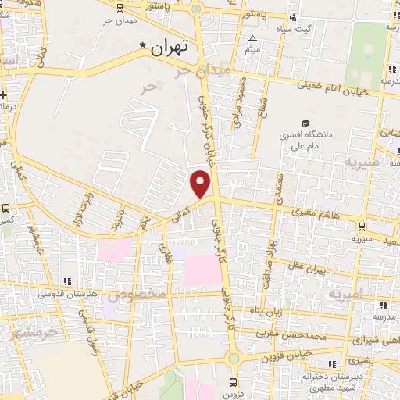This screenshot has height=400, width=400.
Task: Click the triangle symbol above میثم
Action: (x=252, y=38)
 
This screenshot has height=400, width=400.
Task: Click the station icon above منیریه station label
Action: (x=360, y=225)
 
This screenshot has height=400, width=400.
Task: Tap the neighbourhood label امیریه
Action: (x=345, y=295)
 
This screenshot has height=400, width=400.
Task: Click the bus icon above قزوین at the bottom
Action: (x=233, y=382)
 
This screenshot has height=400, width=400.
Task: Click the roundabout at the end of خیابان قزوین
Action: (x=233, y=358)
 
